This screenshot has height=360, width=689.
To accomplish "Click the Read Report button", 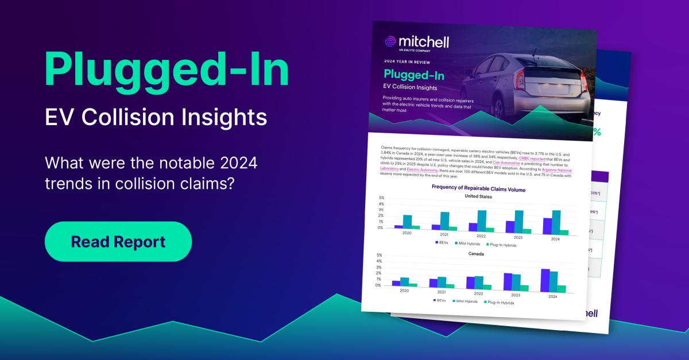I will [x=118, y=242].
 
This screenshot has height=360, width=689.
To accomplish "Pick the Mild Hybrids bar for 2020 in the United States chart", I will [x=408, y=221].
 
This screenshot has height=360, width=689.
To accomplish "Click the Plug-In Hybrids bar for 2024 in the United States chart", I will [x=564, y=232].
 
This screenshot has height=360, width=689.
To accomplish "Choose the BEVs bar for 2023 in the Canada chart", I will [x=508, y=281].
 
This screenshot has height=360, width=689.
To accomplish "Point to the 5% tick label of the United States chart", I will [x=382, y=198].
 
